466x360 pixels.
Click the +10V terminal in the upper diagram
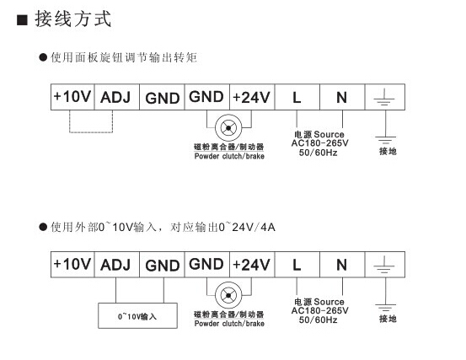click(72, 97)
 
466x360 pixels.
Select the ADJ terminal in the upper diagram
click(116, 97)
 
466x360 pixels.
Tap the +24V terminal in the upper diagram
click(251, 97)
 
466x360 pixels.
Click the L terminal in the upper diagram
click(297, 97)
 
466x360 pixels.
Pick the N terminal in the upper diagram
click(341, 97)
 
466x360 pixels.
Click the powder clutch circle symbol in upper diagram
click(228, 129)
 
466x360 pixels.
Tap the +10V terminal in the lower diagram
click(72, 264)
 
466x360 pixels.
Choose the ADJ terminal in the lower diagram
click(116, 264)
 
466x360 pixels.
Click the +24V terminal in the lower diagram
click(251, 264)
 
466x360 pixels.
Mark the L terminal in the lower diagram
click(297, 264)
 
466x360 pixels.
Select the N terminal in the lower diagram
click(341, 264)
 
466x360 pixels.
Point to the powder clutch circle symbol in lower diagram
click(228, 296)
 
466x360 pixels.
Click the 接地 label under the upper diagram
click(387, 152)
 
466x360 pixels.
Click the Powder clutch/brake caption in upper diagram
click(229, 156)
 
